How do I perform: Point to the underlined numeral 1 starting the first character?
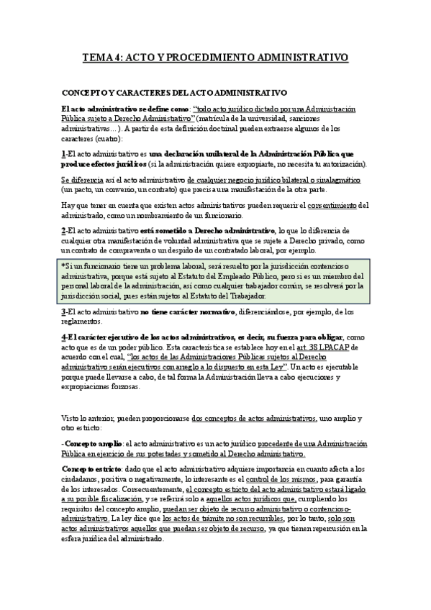63,154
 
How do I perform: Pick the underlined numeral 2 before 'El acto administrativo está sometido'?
63,231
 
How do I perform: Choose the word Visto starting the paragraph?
70,417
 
